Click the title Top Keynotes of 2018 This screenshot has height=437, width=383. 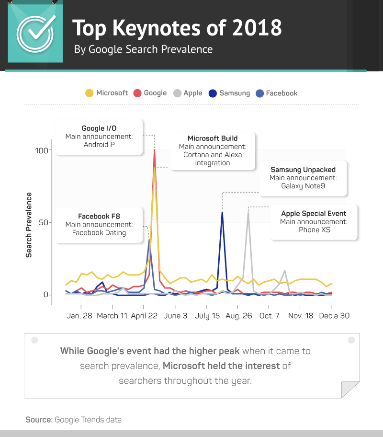[177, 29]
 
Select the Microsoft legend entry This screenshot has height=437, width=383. [107, 93]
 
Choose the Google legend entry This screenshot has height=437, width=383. [150, 93]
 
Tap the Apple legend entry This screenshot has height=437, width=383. [188, 93]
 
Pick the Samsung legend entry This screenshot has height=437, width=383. [230, 93]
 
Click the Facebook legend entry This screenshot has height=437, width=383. [277, 93]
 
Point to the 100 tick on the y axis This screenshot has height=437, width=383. [42, 150]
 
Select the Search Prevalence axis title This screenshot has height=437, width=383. [29, 225]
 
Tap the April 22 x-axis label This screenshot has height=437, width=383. [144, 316]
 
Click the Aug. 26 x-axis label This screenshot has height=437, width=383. [238, 316]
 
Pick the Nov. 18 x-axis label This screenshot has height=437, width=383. [301, 316]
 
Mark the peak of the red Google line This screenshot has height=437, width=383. [154, 150]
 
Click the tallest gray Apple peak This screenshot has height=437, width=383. [248, 212]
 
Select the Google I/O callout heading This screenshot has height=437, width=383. [99, 128]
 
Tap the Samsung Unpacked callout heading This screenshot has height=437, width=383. [303, 170]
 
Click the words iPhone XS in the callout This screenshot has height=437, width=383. [314, 230]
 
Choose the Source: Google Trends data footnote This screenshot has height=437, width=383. [74, 420]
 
